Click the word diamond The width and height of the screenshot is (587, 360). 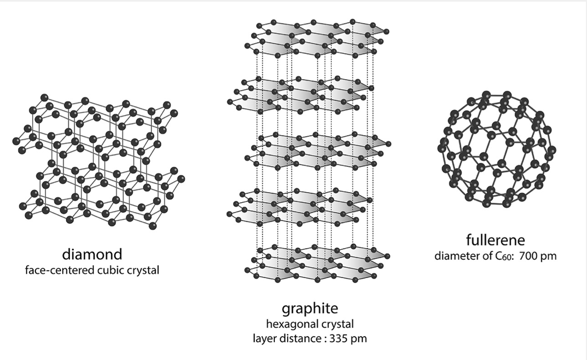pyautogui.click(x=91, y=254)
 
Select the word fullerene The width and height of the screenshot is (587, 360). pyautogui.click(x=496, y=240)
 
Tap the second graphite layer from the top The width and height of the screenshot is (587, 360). pyautogui.click(x=299, y=94)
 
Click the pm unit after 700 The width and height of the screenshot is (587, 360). pyautogui.click(x=549, y=256)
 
